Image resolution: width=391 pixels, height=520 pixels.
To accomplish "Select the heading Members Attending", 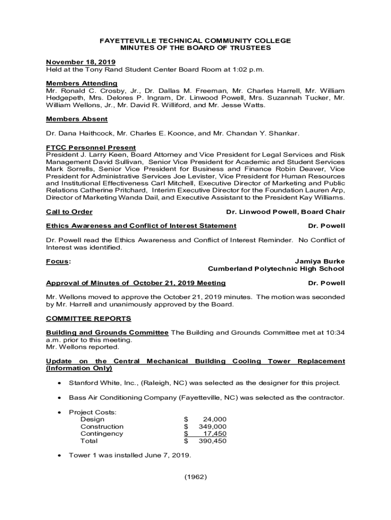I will pyautogui.click(x=82, y=83).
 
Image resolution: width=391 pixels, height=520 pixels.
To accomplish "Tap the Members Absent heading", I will pyautogui.click(x=77, y=119).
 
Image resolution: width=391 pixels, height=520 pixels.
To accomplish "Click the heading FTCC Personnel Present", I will pyautogui.click(x=91, y=148).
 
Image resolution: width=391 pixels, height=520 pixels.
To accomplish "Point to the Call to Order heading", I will pyautogui.click(x=69, y=212).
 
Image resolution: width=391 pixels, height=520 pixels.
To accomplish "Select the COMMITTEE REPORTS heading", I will pyautogui.click(x=88, y=318).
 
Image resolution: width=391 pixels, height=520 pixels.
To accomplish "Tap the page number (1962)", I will pyautogui.click(x=195, y=477).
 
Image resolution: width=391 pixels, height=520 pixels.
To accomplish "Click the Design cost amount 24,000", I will pyautogui.click(x=214, y=419).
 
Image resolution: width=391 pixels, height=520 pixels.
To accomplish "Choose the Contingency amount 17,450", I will pyautogui.click(x=214, y=434).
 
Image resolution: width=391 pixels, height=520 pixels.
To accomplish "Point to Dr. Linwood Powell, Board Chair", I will pyautogui.click(x=285, y=212).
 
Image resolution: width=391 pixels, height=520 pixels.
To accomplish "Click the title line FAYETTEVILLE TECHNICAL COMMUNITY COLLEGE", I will pyautogui.click(x=195, y=40).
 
